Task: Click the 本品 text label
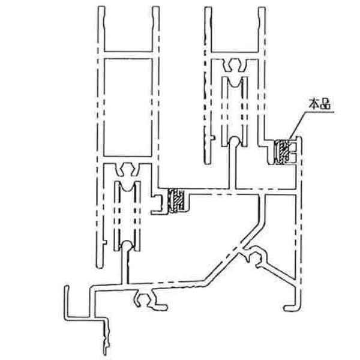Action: coord(320,102)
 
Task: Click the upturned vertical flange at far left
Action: coord(65,303)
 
